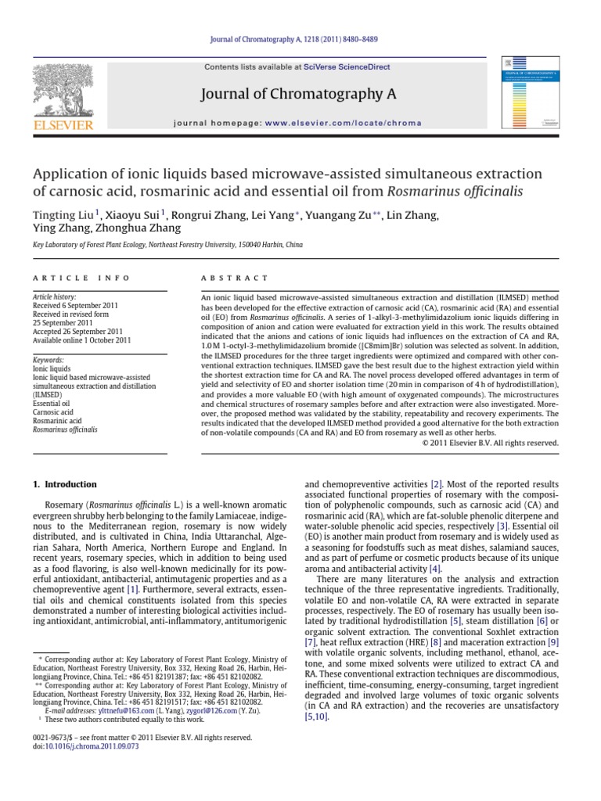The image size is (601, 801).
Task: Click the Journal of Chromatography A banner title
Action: click(300, 95)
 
